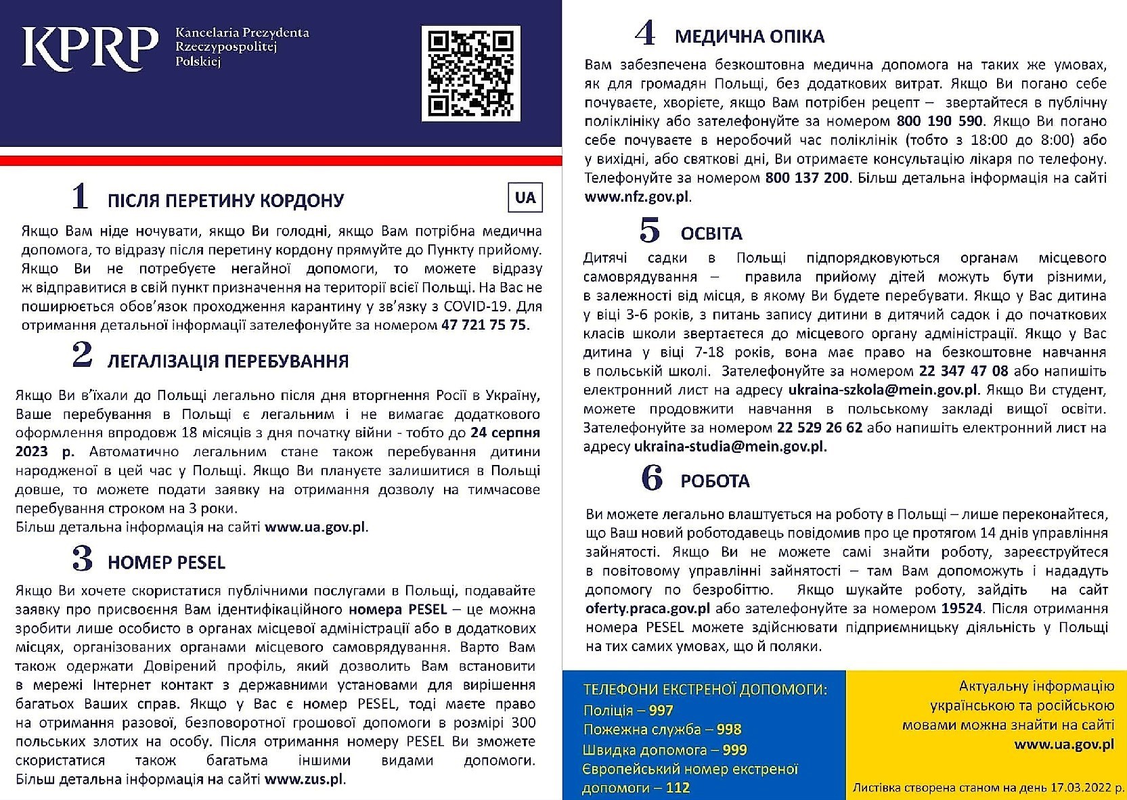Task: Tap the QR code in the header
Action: coord(470,73)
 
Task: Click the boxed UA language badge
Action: coord(525,198)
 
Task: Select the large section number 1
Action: coord(80,196)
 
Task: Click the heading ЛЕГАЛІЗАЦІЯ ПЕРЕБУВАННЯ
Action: coord(228,361)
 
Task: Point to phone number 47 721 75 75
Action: coord(483,325)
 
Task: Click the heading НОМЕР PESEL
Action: coord(167,562)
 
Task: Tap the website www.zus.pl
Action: coord(303,779)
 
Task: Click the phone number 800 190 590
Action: coord(940,121)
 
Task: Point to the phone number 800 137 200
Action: coord(807,178)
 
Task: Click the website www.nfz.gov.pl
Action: coord(636,197)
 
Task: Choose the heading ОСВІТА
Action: coord(711,234)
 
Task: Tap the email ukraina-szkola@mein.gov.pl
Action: coord(883,390)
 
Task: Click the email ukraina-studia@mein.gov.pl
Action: coord(728,447)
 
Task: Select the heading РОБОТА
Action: coord(715,481)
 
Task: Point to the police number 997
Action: coord(661,711)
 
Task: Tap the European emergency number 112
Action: coord(677,788)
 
